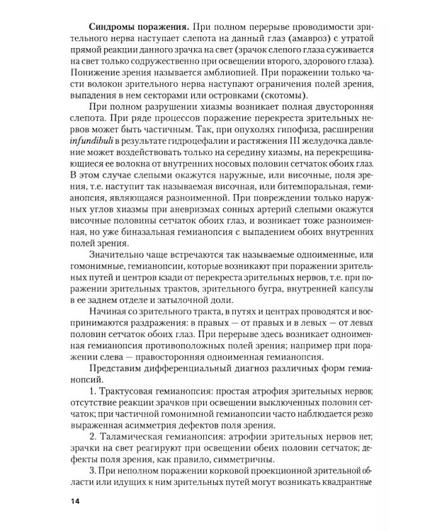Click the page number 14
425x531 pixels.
[x=76, y=501]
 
